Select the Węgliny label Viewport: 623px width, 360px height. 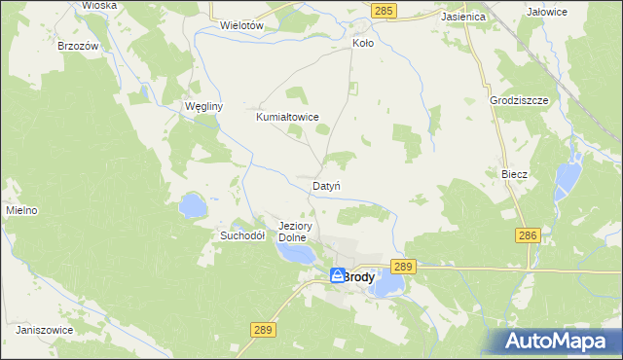[204, 107]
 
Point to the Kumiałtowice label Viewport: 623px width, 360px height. [287, 117]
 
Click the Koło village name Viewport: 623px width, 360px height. [362, 44]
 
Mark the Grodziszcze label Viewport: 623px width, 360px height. [521, 101]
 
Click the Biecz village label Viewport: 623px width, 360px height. [514, 174]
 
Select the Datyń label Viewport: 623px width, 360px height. [325, 185]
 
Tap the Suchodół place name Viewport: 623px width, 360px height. [242, 235]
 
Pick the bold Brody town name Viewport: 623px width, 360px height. [358, 276]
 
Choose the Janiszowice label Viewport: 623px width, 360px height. [45, 330]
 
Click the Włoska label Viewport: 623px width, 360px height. [99, 5]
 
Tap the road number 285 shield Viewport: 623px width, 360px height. [384, 10]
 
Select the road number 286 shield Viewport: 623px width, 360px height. [528, 235]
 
